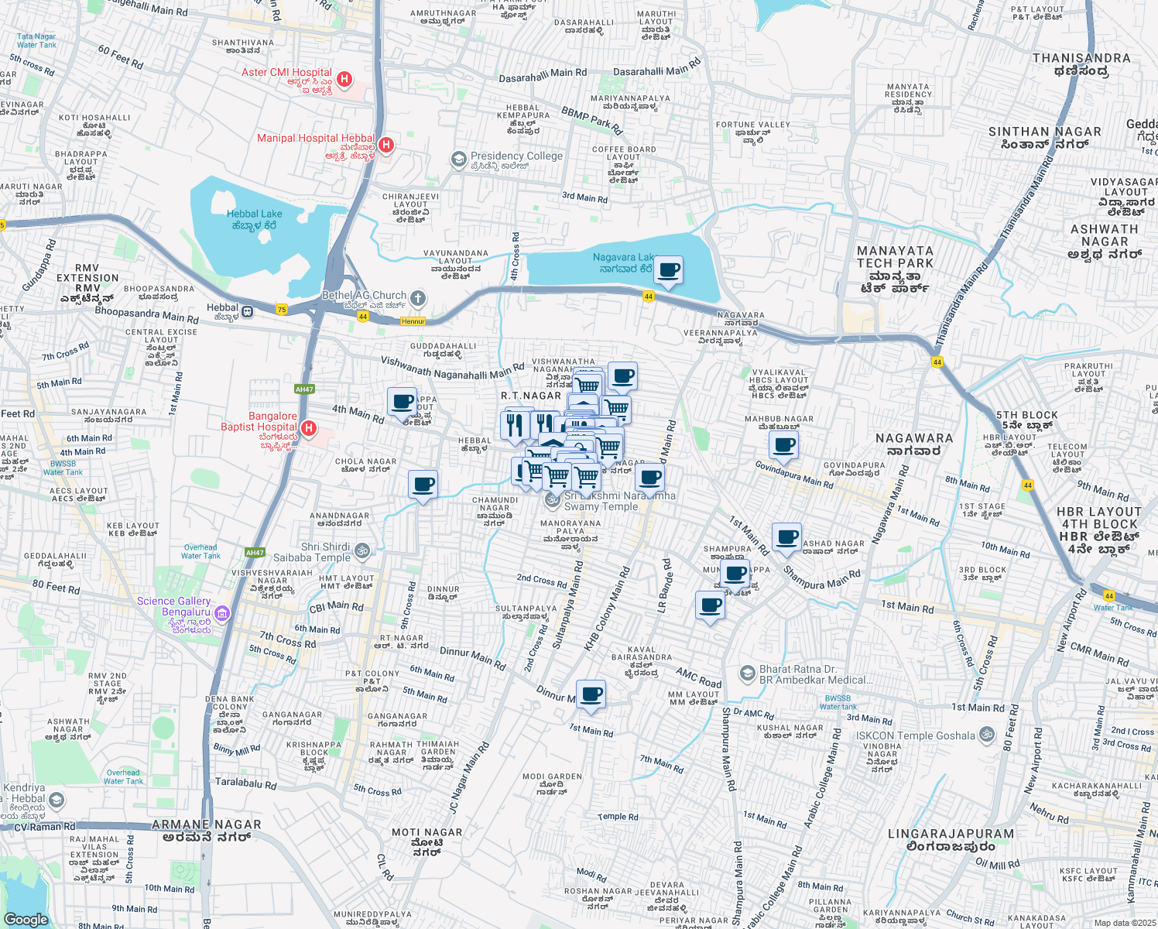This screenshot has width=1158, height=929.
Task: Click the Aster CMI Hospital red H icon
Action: tap(345, 79)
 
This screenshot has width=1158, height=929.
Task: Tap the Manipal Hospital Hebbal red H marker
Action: tap(386, 145)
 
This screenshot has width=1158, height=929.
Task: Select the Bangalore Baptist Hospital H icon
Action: tap(309, 428)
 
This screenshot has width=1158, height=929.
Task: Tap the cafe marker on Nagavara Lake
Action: tap(669, 271)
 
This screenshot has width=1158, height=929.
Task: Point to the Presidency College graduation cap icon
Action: tap(459, 159)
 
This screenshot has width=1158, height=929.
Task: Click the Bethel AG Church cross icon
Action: tap(418, 298)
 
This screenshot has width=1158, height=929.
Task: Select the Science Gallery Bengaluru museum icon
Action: tap(222, 614)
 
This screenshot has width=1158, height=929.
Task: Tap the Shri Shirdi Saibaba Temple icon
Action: tap(362, 552)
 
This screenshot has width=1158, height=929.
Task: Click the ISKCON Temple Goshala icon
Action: tap(986, 735)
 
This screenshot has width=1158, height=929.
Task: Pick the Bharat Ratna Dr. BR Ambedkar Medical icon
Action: tap(747, 674)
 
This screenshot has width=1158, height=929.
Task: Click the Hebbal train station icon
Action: tap(247, 311)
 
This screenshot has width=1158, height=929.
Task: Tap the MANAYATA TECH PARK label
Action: tap(896, 257)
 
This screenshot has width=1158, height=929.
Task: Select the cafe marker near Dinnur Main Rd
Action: tap(591, 694)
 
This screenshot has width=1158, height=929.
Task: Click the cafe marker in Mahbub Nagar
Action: tap(783, 446)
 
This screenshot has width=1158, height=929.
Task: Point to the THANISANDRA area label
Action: tap(1081, 58)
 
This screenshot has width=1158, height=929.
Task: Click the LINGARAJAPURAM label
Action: tap(951, 834)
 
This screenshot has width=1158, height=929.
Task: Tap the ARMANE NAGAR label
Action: tap(206, 824)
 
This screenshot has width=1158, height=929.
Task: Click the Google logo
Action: tap(26, 919)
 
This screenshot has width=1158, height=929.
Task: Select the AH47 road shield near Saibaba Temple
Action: tap(255, 552)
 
